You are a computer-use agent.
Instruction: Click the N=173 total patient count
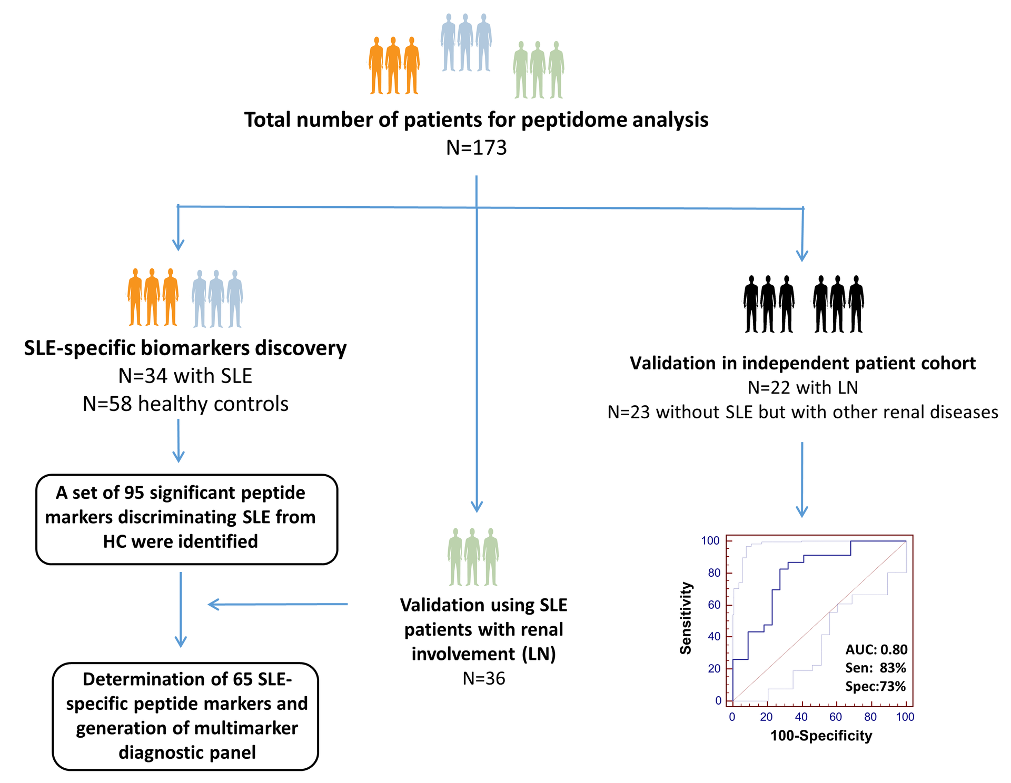tap(476, 148)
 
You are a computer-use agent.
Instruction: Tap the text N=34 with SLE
tap(185, 376)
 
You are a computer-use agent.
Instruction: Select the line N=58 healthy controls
tap(185, 404)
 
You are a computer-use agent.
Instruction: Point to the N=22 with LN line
tap(802, 387)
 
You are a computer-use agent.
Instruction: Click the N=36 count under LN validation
tap(483, 678)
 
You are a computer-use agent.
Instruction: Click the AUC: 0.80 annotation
tap(876, 649)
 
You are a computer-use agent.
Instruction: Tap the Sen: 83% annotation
tap(876, 668)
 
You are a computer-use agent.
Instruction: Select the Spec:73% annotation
tap(875, 686)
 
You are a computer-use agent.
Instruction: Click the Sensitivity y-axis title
tap(686, 618)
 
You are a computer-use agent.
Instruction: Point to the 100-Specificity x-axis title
tap(821, 736)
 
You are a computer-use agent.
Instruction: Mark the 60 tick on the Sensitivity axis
tap(714, 605)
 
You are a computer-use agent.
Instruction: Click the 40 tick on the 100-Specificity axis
tap(801, 717)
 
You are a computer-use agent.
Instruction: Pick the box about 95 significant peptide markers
tap(186, 519)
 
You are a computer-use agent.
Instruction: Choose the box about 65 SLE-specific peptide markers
tap(185, 716)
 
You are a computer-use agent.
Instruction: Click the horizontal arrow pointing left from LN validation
tap(277, 604)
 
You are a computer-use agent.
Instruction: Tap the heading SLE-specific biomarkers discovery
tap(185, 348)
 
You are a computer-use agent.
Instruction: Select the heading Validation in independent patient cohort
tap(802, 363)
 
